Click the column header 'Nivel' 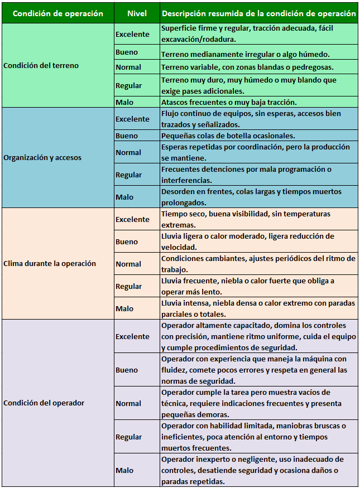tap(137, 13)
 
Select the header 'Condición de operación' tap(57, 13)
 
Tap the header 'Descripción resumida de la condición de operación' tap(258, 13)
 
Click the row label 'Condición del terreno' tap(41, 65)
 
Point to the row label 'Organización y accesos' tap(42, 157)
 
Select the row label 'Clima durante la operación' tap(50, 263)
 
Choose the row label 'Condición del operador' tap(44, 403)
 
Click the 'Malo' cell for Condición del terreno tap(124, 102)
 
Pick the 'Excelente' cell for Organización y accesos tap(132, 119)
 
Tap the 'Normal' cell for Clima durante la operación tap(128, 264)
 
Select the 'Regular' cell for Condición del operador tap(128, 437)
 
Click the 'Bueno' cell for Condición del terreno tap(127, 52)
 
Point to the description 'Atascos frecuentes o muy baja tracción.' tap(229, 102)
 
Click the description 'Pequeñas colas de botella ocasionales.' tap(228, 136)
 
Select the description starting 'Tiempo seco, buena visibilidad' tap(246, 219)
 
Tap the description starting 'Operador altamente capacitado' tap(253, 336)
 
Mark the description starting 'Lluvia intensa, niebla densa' tap(258, 308)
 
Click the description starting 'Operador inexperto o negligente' tap(252, 470)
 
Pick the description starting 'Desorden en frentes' tap(251, 197)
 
